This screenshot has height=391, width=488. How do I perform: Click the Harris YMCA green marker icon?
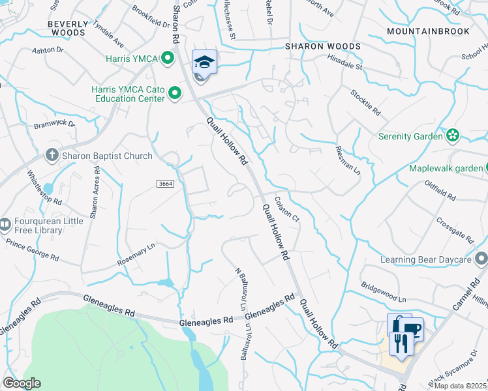click(168, 59)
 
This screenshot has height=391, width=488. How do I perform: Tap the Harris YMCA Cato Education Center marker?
click(174, 94)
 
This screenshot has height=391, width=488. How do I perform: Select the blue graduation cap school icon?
click(204, 63)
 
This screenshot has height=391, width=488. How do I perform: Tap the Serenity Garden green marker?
click(452, 136)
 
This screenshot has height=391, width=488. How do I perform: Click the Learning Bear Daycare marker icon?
click(481, 260)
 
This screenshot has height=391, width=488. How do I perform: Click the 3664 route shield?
click(166, 184)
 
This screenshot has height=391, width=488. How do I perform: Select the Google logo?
click(22, 383)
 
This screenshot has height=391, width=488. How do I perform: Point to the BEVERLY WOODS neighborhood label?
click(67, 27)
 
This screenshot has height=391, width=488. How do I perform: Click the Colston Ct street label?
click(286, 210)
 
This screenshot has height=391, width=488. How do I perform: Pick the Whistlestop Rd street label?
click(44, 188)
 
